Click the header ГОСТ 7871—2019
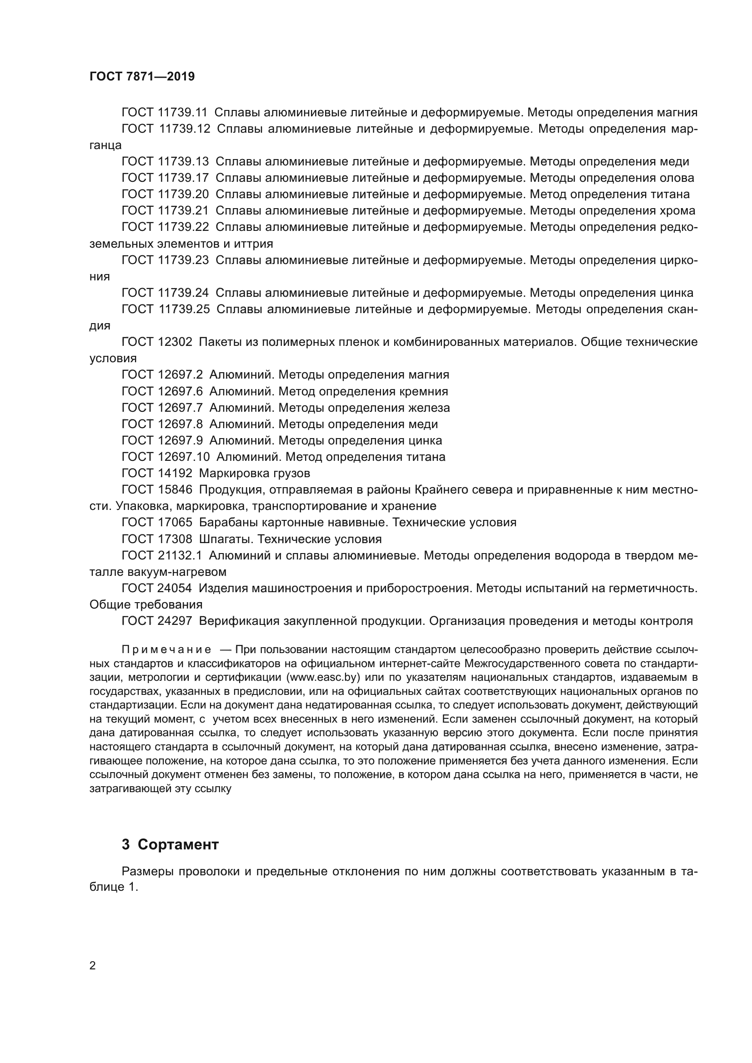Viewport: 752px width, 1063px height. (142, 76)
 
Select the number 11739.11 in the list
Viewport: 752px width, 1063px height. (183, 113)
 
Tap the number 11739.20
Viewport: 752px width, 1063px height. (183, 194)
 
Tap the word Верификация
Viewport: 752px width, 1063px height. (236, 621)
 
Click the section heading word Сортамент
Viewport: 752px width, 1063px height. (178, 844)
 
